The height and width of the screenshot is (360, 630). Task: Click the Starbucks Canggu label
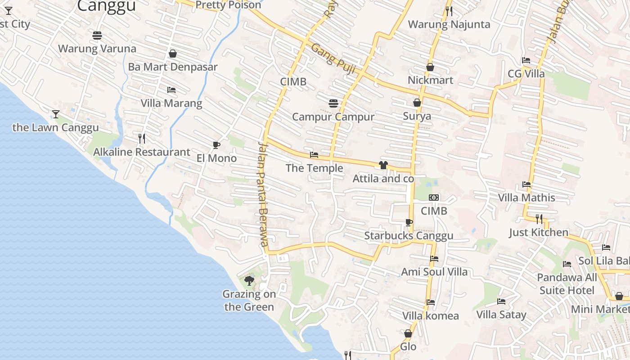pos(409,236)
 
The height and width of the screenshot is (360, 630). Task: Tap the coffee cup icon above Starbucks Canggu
pos(409,222)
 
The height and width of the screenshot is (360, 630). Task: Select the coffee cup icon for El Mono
pos(216,145)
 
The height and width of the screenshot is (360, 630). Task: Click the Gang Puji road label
pos(333,59)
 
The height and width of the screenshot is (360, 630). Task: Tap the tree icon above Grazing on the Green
pos(249,281)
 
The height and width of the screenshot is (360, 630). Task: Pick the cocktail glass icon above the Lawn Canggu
pos(55,114)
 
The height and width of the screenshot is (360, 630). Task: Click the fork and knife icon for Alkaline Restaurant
pos(141,138)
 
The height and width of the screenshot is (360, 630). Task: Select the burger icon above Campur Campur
pos(333,103)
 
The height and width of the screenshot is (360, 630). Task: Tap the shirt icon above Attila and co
pos(383,165)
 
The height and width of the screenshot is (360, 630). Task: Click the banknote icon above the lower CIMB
pos(434,198)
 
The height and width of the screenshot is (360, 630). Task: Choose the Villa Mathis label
pos(526,198)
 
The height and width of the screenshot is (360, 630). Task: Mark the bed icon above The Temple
pos(314,155)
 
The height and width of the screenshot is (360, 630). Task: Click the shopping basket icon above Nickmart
pos(430,67)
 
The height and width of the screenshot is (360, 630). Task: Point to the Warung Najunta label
pos(449,24)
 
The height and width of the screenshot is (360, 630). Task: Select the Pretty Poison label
pos(229,5)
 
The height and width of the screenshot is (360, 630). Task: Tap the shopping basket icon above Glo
pos(408,333)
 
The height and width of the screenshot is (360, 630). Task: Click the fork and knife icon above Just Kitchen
pos(539,219)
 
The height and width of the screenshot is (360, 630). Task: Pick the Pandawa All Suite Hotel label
pos(567,284)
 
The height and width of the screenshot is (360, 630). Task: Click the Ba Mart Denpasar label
pos(173,67)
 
